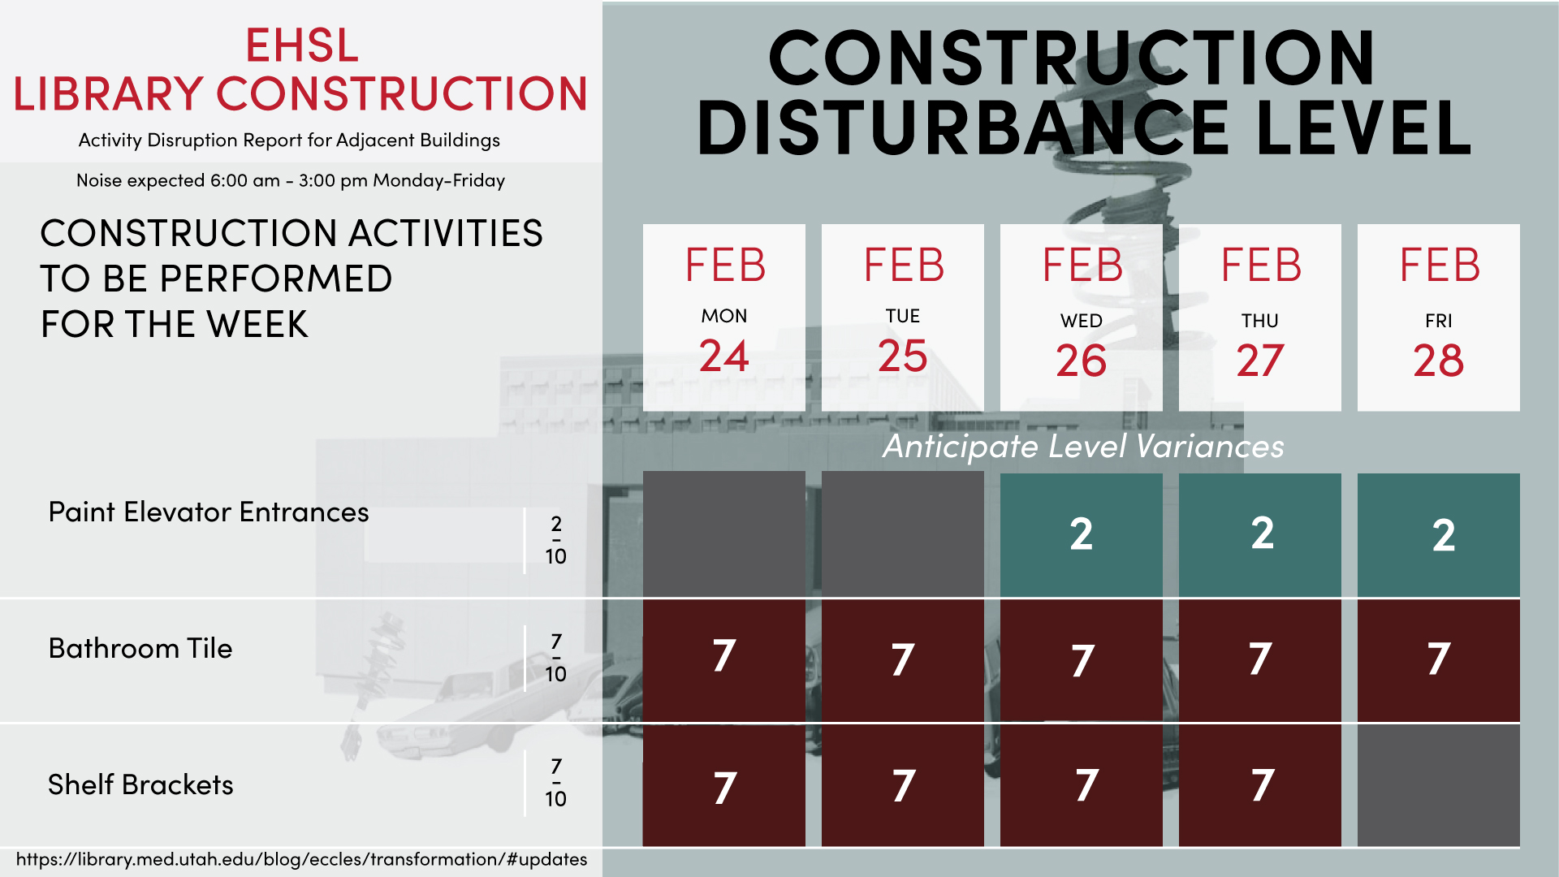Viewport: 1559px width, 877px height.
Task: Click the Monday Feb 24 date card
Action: (x=723, y=318)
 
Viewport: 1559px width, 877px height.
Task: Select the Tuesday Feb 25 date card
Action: (x=902, y=318)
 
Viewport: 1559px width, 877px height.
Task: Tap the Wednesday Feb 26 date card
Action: (x=1081, y=318)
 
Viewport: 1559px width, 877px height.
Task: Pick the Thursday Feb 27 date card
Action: (x=1259, y=318)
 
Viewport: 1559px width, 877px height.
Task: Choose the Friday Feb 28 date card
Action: (x=1438, y=318)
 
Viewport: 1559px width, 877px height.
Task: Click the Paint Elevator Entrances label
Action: (x=209, y=512)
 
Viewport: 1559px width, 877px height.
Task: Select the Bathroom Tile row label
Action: (x=140, y=649)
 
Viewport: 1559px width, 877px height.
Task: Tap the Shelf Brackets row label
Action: (x=140, y=785)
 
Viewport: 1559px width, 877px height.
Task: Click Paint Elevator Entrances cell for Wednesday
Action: (x=1081, y=534)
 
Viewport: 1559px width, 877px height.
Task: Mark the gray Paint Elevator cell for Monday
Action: (x=723, y=534)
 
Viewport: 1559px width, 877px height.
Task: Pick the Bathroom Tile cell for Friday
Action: (x=1438, y=660)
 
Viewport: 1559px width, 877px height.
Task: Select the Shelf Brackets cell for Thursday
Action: (x=1259, y=785)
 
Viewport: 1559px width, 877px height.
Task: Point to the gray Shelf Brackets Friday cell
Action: (x=1438, y=785)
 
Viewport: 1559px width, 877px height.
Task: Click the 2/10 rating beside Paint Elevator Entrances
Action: (x=555, y=540)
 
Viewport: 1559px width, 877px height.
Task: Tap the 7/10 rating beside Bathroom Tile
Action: (x=555, y=659)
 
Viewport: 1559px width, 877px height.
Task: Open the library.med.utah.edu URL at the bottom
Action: (x=301, y=859)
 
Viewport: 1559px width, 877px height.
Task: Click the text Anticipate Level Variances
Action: (x=1083, y=447)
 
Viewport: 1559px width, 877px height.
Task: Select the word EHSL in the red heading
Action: (x=301, y=45)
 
